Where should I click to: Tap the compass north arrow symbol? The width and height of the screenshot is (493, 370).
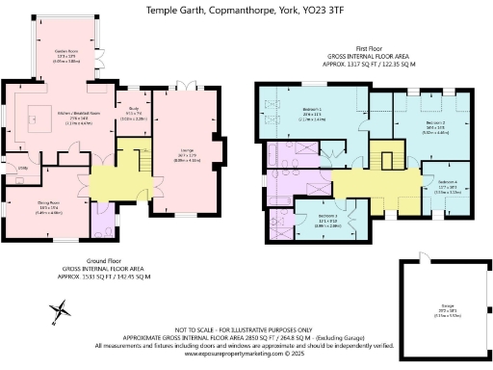pos(60,310)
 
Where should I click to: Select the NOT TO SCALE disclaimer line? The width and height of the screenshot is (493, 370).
pos(245,329)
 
